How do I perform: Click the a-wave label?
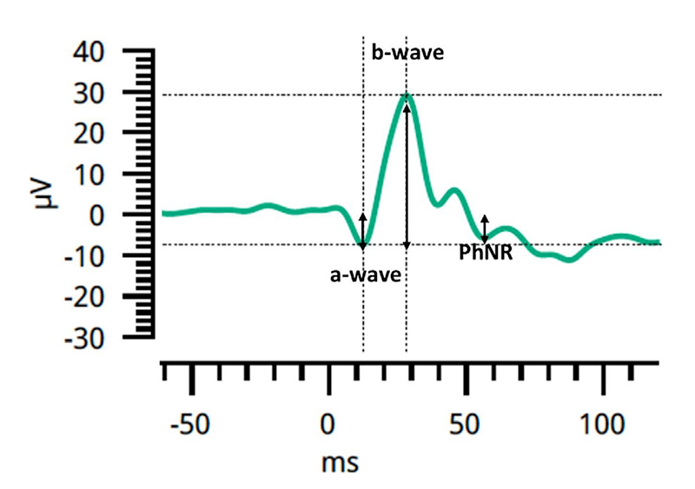pyautogui.click(x=365, y=276)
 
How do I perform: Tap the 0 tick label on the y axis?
pyautogui.click(x=120, y=215)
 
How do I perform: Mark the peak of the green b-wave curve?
pyautogui.click(x=407, y=96)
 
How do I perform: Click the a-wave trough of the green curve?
pyautogui.click(x=363, y=246)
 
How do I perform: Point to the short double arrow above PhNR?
pyautogui.click(x=485, y=228)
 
